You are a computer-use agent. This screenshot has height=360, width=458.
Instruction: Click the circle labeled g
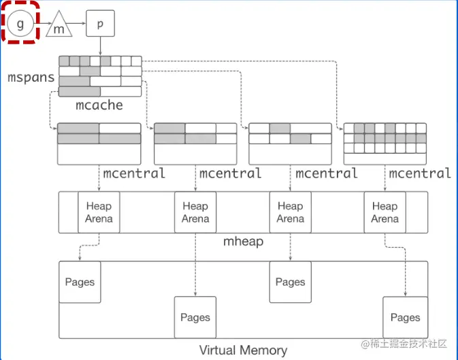tap(20, 24)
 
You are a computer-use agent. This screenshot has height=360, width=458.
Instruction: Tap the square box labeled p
tap(100, 24)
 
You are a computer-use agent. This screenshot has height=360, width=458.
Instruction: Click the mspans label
tap(31, 77)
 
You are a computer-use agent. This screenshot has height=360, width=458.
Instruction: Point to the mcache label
tap(99, 105)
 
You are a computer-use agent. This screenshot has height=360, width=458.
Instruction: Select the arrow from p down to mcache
tap(100, 46)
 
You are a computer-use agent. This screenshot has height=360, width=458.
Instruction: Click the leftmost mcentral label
tap(134, 174)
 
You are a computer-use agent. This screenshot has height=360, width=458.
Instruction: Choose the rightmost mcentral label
tap(420, 174)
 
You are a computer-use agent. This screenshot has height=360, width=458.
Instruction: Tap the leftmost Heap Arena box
tap(99, 212)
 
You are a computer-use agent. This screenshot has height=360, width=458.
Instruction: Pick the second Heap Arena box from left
tap(195, 212)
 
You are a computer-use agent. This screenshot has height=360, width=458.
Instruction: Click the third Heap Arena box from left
tap(290, 212)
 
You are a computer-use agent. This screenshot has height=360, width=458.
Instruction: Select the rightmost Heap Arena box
tap(385, 212)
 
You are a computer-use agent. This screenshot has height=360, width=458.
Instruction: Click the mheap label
tap(243, 242)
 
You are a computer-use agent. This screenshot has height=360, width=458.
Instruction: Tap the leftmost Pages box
tap(80, 282)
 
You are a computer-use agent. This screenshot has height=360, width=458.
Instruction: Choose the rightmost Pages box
tap(405, 317)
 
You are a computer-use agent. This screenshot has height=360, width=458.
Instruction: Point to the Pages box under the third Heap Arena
tap(291, 282)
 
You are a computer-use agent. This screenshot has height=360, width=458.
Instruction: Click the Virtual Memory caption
tap(243, 350)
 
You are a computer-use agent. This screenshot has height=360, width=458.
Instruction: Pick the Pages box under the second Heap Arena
tap(195, 317)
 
